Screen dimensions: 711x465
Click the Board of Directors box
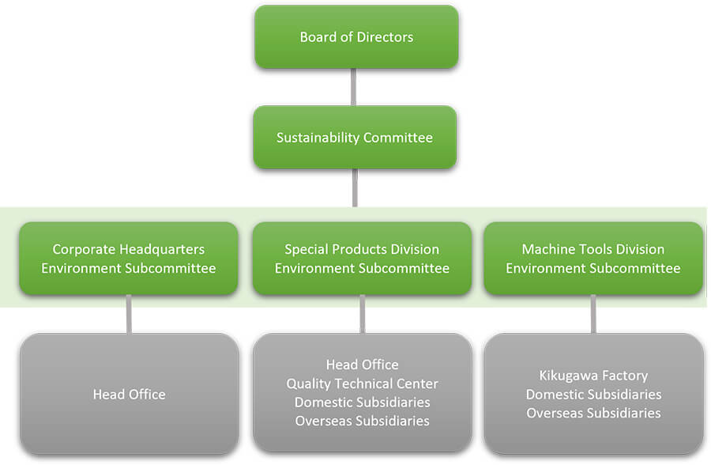356,37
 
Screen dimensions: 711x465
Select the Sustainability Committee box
355,137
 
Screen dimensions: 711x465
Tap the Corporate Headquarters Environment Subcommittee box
129,259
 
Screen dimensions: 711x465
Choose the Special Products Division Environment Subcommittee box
362,259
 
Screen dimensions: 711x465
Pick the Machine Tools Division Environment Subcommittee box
593,259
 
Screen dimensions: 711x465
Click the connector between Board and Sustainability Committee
353,87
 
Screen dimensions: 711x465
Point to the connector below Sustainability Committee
355,188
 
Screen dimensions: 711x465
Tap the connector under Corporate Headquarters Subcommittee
130,314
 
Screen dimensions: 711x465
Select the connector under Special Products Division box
363,314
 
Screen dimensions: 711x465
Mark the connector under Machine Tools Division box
593,314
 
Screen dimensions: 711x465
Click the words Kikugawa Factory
593,376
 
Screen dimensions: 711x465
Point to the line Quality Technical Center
363,384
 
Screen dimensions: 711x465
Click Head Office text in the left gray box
130,394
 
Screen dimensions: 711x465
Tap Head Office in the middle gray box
363,365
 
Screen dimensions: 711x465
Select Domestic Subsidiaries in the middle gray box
363,402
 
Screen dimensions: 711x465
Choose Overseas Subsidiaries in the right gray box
593,413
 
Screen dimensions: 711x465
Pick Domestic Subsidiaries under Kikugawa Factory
593,394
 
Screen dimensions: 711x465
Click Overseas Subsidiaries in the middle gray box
363,421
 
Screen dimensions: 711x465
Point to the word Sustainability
318,138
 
